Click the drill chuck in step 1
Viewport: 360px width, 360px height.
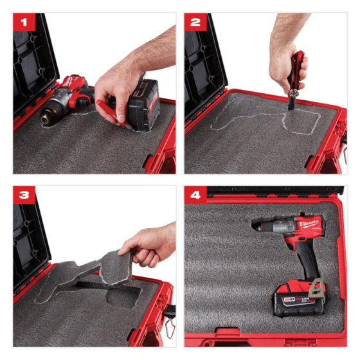tap(50, 116)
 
